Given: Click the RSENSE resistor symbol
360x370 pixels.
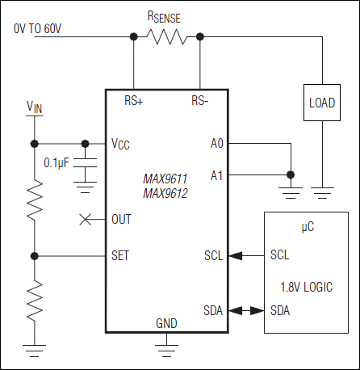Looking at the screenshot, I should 165,36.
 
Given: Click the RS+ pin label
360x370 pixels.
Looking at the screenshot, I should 133,102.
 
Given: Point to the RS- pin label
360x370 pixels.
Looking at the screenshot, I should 200,102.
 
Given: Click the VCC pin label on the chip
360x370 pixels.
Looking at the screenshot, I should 120,144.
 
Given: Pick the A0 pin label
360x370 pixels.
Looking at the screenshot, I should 216,144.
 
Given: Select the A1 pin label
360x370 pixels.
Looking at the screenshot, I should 216,174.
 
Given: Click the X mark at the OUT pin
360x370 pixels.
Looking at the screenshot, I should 85,219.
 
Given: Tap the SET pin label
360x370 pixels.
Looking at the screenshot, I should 120,256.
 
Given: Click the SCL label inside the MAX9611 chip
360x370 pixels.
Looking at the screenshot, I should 214,256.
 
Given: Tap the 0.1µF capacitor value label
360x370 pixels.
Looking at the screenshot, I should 57,163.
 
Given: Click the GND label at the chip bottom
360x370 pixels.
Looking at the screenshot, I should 165,323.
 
